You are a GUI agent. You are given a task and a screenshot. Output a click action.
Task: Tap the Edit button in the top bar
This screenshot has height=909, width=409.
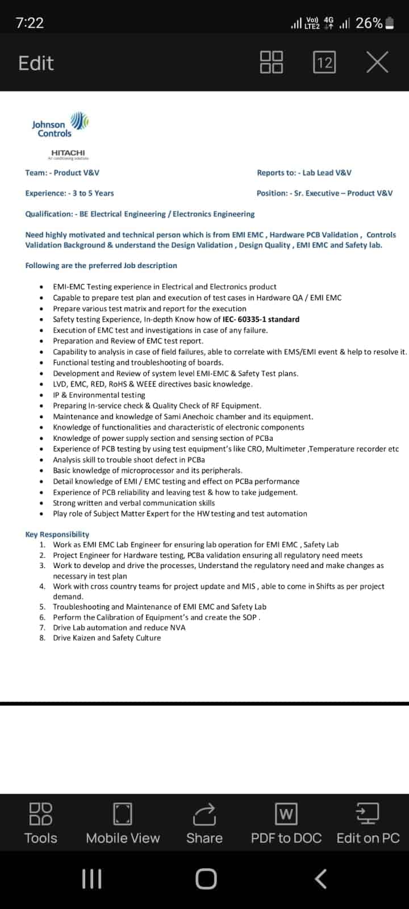point(36,62)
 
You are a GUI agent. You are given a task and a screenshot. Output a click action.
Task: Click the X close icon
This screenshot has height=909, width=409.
point(377,62)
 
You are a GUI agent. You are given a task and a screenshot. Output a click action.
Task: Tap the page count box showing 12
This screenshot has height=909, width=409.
point(324,62)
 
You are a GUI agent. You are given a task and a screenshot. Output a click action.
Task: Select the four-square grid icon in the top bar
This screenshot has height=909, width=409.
point(272,62)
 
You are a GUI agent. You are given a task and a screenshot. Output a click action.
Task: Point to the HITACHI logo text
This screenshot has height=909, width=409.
point(68,153)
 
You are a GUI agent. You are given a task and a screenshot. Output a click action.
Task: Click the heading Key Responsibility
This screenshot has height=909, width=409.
point(57,534)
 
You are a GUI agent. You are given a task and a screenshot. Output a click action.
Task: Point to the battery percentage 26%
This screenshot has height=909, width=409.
point(369,23)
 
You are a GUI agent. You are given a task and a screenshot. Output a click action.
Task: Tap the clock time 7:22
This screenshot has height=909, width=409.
point(30,23)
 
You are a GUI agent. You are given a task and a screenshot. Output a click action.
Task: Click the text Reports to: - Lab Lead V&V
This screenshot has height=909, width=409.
point(304,173)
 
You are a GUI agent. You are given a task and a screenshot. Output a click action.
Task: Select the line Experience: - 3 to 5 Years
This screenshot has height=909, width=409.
point(69,193)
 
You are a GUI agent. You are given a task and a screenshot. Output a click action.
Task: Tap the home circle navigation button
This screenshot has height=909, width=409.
point(206,879)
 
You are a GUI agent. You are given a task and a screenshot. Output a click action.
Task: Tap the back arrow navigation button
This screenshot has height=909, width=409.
point(320,879)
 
